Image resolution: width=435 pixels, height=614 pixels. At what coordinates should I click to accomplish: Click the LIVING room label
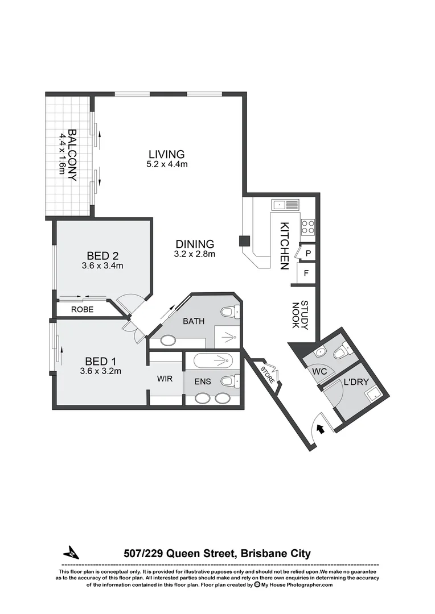click(x=166, y=154)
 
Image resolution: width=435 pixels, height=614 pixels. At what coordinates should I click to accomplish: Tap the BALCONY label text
click(x=72, y=155)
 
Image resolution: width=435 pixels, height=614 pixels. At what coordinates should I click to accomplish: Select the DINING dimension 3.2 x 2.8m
click(x=194, y=254)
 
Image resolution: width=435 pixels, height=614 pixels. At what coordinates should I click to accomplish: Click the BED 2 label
click(x=102, y=255)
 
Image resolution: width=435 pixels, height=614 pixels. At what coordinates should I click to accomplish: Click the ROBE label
click(x=82, y=310)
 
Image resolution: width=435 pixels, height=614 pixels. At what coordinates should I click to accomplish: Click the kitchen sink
click(x=285, y=204)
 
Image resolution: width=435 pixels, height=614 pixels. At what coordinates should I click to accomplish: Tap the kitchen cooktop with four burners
click(x=308, y=227)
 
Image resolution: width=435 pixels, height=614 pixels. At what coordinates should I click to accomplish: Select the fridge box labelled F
click(x=306, y=273)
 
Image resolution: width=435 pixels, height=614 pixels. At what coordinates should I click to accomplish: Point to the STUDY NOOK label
click(x=300, y=316)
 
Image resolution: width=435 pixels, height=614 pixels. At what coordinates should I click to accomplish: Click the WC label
click(x=319, y=372)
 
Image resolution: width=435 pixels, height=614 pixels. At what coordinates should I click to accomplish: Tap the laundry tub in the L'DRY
click(x=372, y=394)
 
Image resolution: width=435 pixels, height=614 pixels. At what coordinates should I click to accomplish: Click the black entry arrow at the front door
click(x=321, y=429)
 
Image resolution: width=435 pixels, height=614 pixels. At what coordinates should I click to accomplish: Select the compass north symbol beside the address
click(x=71, y=552)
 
